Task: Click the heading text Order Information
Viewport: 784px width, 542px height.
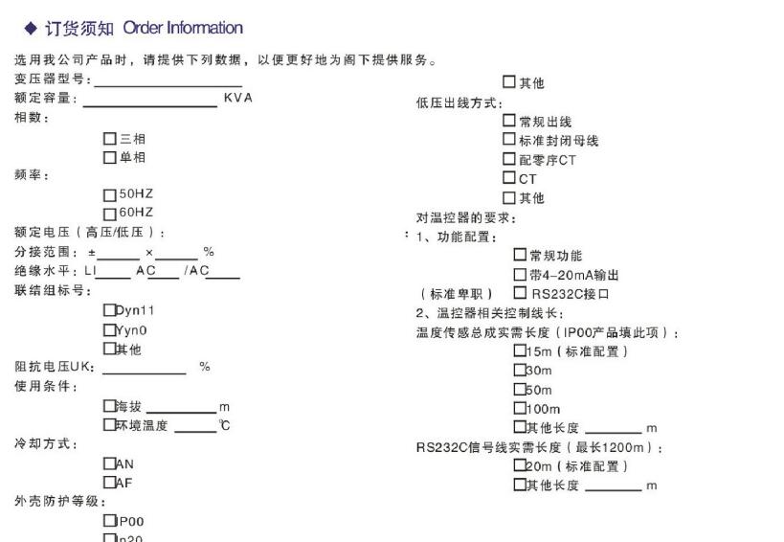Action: click(183, 28)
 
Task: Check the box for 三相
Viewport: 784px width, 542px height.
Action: click(110, 139)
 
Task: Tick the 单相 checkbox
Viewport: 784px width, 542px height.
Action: click(110, 157)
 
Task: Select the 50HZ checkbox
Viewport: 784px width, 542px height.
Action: click(110, 194)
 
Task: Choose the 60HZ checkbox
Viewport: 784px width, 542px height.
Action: click(110, 213)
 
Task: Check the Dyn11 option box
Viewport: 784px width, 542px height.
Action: click(109, 310)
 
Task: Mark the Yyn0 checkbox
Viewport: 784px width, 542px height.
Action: click(109, 330)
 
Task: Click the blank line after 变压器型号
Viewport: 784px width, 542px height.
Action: click(168, 84)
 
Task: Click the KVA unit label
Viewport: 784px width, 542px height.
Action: click(237, 99)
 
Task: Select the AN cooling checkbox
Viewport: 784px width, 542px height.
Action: click(109, 463)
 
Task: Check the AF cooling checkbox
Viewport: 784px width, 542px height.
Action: click(109, 483)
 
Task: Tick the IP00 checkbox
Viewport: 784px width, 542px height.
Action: click(109, 521)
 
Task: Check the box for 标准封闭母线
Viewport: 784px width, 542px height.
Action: click(509, 141)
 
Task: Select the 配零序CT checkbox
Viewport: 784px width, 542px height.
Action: click(509, 159)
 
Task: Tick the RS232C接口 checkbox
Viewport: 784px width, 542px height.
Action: click(521, 293)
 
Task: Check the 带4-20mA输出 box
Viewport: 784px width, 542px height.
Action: click(521, 275)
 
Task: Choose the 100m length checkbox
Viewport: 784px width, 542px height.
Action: click(520, 409)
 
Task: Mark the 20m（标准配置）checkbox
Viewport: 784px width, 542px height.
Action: click(520, 466)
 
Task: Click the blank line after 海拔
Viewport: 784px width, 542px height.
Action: click(181, 410)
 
